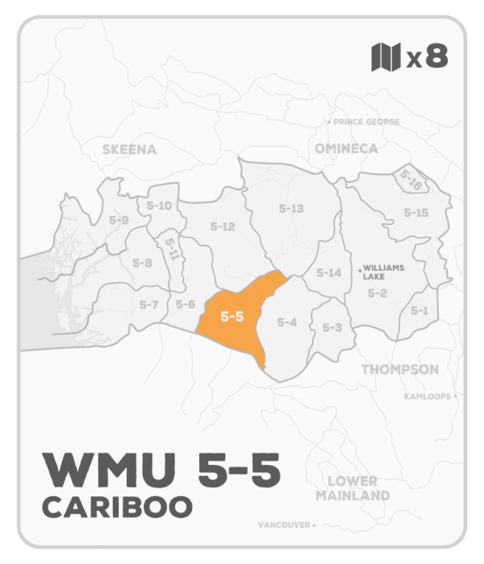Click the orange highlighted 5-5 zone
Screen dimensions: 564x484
[x=234, y=318]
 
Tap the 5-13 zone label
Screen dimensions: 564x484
[x=290, y=209]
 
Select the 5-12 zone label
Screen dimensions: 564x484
[x=222, y=226]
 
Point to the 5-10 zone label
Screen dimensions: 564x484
[x=160, y=205]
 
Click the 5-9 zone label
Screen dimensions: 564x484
[x=119, y=219]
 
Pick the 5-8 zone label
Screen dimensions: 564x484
[x=142, y=263]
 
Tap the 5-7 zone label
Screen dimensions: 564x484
[x=148, y=305]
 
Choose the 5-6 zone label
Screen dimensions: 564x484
[x=185, y=304]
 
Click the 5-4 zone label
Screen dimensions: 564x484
[x=287, y=322]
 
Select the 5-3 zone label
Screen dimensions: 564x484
[x=332, y=327]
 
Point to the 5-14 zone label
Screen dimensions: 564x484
[x=329, y=273]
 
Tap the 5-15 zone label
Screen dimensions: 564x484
[x=415, y=213]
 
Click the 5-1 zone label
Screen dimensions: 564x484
[x=419, y=310]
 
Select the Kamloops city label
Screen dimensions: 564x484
[x=428, y=396]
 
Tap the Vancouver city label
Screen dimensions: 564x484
[x=283, y=525]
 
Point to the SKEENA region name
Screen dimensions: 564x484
[x=129, y=149]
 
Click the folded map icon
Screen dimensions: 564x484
[x=384, y=58]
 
